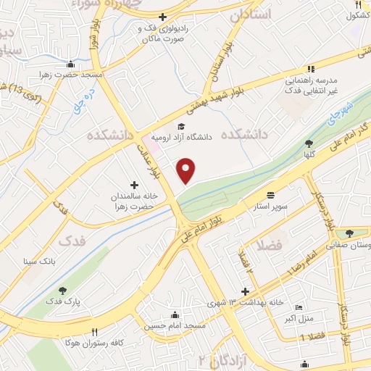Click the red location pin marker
tap(187, 170)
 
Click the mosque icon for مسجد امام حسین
tap(175, 314)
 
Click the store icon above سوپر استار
tap(270, 195)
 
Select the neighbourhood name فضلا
tap(268, 246)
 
